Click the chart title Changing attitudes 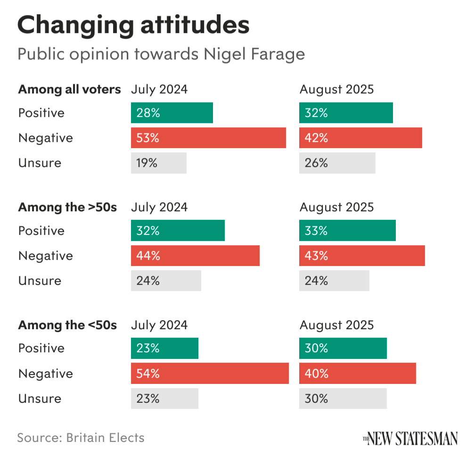click(x=133, y=25)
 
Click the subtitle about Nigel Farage click(x=161, y=54)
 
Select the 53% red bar click(x=208, y=138)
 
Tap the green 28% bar click(x=172, y=113)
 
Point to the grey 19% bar click(x=159, y=163)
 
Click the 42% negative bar click(x=360, y=138)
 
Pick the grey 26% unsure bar click(x=337, y=163)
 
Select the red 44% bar click(x=195, y=256)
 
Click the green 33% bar click(x=347, y=231)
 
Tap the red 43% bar click(x=362, y=256)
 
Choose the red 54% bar click(x=210, y=374)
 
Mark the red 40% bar click(x=358, y=374)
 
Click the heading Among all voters click(x=70, y=89)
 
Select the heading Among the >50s click(x=67, y=207)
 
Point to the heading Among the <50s click(x=67, y=325)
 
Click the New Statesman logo click(x=410, y=438)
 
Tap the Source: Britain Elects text click(x=81, y=438)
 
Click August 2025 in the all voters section click(x=336, y=89)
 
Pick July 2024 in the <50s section click(x=159, y=325)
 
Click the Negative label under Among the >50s click(x=46, y=256)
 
